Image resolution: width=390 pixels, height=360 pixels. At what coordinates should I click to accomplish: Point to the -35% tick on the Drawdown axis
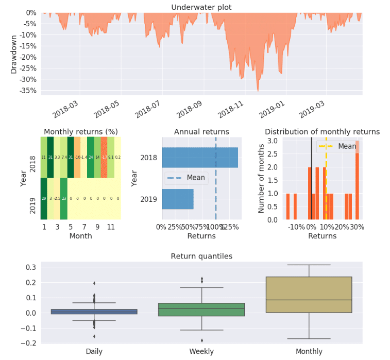tap(28, 91)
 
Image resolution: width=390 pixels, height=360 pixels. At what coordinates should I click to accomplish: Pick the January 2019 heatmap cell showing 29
tap(44, 198)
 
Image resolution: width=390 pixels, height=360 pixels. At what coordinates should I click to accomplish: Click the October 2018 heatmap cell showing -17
tap(104, 157)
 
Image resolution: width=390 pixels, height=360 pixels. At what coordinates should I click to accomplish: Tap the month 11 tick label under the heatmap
tap(111, 227)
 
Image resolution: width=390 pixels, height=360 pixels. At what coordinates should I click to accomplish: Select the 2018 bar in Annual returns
tap(200, 157)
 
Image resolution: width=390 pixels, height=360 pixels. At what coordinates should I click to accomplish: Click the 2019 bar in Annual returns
tap(178, 199)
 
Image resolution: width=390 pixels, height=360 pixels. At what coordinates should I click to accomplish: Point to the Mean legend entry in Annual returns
tap(186, 178)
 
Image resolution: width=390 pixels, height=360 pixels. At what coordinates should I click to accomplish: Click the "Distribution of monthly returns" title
tap(322, 132)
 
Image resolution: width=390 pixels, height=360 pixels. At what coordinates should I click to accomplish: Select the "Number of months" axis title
tap(262, 178)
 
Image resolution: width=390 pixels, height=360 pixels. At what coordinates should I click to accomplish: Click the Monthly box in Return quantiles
tap(309, 295)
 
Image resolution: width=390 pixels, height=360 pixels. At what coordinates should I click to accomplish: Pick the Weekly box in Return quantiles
tap(201, 309)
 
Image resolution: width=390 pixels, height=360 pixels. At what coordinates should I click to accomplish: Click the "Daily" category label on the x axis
tap(94, 351)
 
